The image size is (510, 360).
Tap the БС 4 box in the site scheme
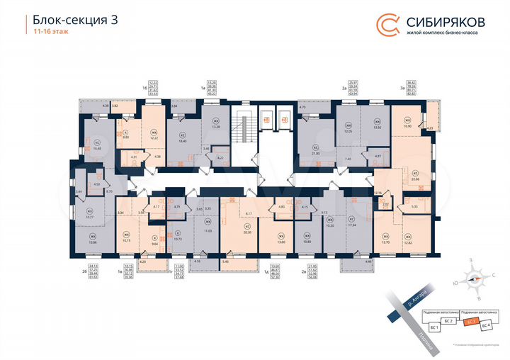(x=485, y=325)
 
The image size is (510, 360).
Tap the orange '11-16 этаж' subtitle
(x=47, y=32)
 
